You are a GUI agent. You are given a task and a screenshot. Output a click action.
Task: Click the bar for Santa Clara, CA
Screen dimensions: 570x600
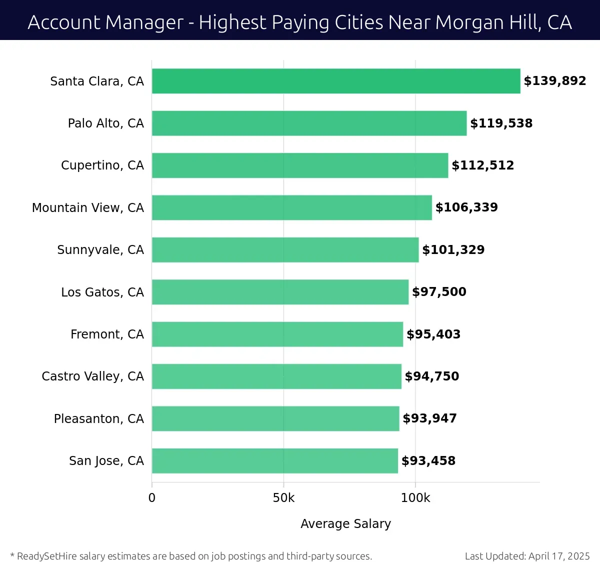(336, 81)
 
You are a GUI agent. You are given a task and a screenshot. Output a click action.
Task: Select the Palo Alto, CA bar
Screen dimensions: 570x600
(309, 123)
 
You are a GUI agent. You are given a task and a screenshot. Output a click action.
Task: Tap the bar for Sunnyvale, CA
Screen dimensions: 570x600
(285, 250)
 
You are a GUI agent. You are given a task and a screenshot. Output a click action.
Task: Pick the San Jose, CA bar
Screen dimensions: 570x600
(274, 461)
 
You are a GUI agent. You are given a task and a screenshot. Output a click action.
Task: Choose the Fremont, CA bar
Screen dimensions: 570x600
(277, 334)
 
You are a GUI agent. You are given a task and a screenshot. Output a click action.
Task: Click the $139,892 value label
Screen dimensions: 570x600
(554, 81)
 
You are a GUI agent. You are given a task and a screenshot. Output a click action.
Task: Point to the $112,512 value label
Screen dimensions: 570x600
(482, 165)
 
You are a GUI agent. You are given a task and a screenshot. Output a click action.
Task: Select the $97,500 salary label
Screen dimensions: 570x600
(439, 292)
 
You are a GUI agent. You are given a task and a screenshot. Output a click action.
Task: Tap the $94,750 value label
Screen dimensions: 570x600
(431, 376)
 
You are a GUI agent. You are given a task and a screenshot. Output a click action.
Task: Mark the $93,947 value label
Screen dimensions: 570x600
(429, 418)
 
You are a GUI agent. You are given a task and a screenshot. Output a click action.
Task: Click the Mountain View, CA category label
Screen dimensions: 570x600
(88, 208)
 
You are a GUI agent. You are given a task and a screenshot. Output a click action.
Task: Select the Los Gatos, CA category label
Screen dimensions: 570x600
(102, 292)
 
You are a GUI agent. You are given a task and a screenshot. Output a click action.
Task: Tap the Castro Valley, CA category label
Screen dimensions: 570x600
(92, 376)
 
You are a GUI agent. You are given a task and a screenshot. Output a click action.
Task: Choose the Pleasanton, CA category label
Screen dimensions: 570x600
(98, 419)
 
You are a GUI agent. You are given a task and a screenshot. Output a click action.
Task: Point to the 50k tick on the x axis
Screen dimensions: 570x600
(283, 498)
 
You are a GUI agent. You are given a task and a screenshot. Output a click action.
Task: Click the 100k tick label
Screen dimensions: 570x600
(415, 498)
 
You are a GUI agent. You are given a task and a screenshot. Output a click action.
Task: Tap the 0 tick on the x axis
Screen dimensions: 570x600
(152, 498)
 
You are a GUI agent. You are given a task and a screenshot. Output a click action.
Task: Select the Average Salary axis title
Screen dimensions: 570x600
(345, 523)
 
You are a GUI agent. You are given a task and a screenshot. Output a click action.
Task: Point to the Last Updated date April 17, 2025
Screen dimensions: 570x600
(559, 556)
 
